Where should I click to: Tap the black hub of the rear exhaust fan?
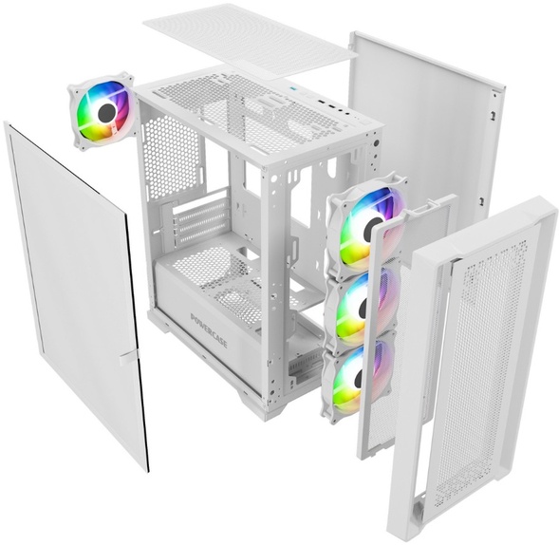coord(106,112)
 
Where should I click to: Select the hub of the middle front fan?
coord(363,307)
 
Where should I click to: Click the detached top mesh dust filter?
coord(250,39)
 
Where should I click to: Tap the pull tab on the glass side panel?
coord(127,359)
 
